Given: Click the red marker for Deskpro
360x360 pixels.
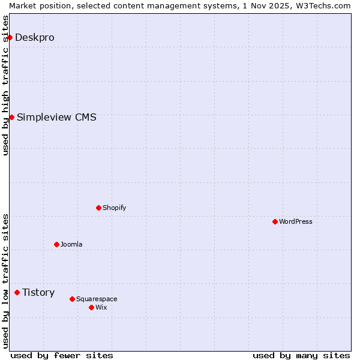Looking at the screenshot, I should point(10,38).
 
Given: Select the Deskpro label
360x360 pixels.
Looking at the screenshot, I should point(34,38).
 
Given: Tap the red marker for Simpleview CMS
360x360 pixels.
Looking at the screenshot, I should point(11,117).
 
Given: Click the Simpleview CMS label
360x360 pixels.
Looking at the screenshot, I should point(56,117).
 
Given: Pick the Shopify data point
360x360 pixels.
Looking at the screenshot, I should point(98,208).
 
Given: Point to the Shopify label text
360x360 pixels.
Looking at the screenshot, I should point(114,208).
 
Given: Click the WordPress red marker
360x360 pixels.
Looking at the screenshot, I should point(275,222).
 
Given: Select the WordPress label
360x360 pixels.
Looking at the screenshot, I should point(295,222).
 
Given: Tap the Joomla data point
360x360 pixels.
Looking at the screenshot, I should point(56,245).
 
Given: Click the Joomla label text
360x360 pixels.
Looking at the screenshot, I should point(71,245).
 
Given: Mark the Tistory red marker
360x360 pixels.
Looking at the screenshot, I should point(17,293).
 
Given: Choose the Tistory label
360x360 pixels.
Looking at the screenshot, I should point(38,293).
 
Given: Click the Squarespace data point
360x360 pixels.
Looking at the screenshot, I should point(72,299).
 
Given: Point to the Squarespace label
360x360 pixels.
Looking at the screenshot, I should point(97,299).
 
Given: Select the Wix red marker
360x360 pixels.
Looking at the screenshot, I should point(91,307).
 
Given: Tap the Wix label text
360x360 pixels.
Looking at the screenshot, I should point(101,307).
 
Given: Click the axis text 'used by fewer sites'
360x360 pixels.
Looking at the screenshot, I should point(62,356).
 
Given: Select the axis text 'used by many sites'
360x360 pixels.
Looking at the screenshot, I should point(301,356).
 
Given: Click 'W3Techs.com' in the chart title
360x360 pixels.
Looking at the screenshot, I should point(326,5).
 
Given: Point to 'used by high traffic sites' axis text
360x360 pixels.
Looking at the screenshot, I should point(5,85).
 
